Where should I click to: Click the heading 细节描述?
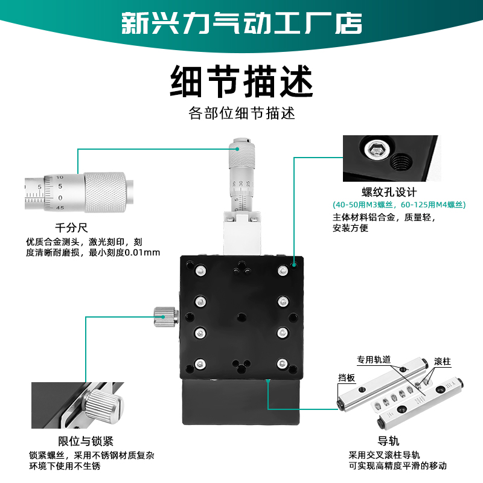tap(241, 82)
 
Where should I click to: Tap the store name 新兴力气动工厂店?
tap(241, 23)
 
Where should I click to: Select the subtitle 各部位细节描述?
tap(241, 114)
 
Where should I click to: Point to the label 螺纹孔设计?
tap(389, 193)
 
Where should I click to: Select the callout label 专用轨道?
tap(374, 359)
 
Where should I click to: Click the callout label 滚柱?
tap(443, 361)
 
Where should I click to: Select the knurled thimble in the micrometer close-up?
tap(104, 193)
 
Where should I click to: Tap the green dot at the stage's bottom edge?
tap(267, 380)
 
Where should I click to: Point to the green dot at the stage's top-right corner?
tap(294, 264)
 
